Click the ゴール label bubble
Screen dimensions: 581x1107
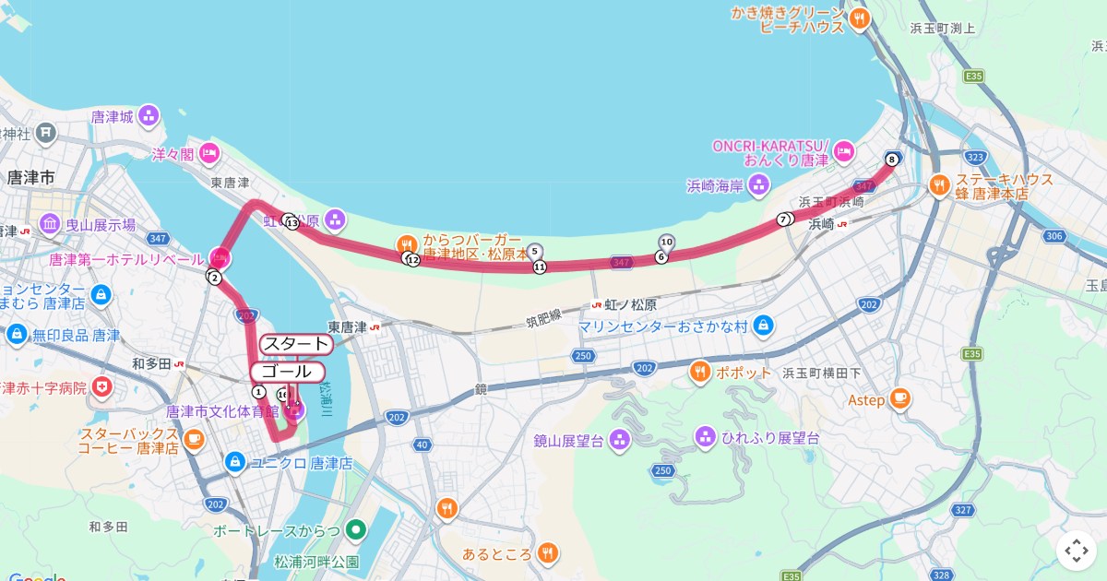click(287, 373)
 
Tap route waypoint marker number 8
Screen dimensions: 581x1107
click(891, 158)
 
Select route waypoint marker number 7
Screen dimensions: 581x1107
click(783, 219)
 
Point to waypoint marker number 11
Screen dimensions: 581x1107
click(539, 267)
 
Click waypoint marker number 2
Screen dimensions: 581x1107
click(214, 278)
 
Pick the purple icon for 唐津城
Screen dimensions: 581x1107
click(149, 116)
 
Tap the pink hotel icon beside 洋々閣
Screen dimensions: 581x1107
click(209, 153)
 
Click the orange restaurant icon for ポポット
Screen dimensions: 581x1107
click(700, 373)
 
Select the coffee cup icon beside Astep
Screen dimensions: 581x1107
click(900, 399)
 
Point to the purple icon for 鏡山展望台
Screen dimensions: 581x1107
click(619, 441)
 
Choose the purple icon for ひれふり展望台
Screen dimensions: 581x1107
click(706, 435)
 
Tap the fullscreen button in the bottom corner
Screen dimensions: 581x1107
click(1076, 551)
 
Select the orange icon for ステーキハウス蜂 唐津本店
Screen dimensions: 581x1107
click(939, 184)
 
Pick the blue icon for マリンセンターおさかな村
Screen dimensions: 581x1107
click(762, 325)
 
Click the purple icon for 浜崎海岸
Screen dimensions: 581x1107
click(759, 185)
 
